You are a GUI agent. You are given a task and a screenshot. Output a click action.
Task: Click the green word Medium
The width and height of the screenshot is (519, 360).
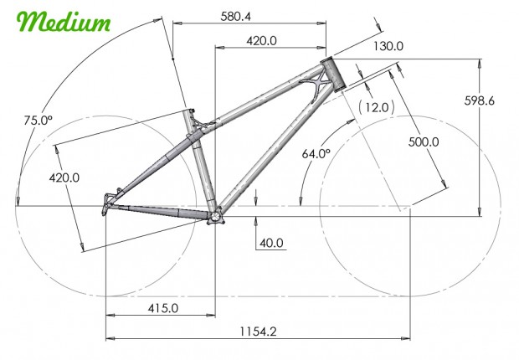tap(64, 22)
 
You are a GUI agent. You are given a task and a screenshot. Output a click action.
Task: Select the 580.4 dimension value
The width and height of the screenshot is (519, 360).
tap(236, 16)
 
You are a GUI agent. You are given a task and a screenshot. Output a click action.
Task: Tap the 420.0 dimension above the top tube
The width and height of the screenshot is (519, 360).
tap(261, 41)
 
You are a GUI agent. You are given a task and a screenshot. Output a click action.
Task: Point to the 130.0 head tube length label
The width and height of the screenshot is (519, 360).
tap(388, 46)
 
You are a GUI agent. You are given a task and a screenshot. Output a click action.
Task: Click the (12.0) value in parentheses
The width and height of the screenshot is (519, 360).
tap(377, 107)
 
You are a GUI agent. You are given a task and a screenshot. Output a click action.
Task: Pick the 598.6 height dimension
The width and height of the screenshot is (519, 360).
tap(480, 100)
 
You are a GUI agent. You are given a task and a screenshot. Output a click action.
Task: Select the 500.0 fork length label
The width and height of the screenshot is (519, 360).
tap(424, 141)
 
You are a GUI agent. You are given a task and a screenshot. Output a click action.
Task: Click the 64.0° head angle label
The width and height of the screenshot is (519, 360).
tap(316, 153)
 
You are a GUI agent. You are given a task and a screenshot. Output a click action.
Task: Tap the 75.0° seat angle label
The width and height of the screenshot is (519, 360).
tap(39, 120)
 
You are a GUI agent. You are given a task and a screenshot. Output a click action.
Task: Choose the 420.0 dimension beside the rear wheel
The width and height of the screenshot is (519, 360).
tap(64, 177)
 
